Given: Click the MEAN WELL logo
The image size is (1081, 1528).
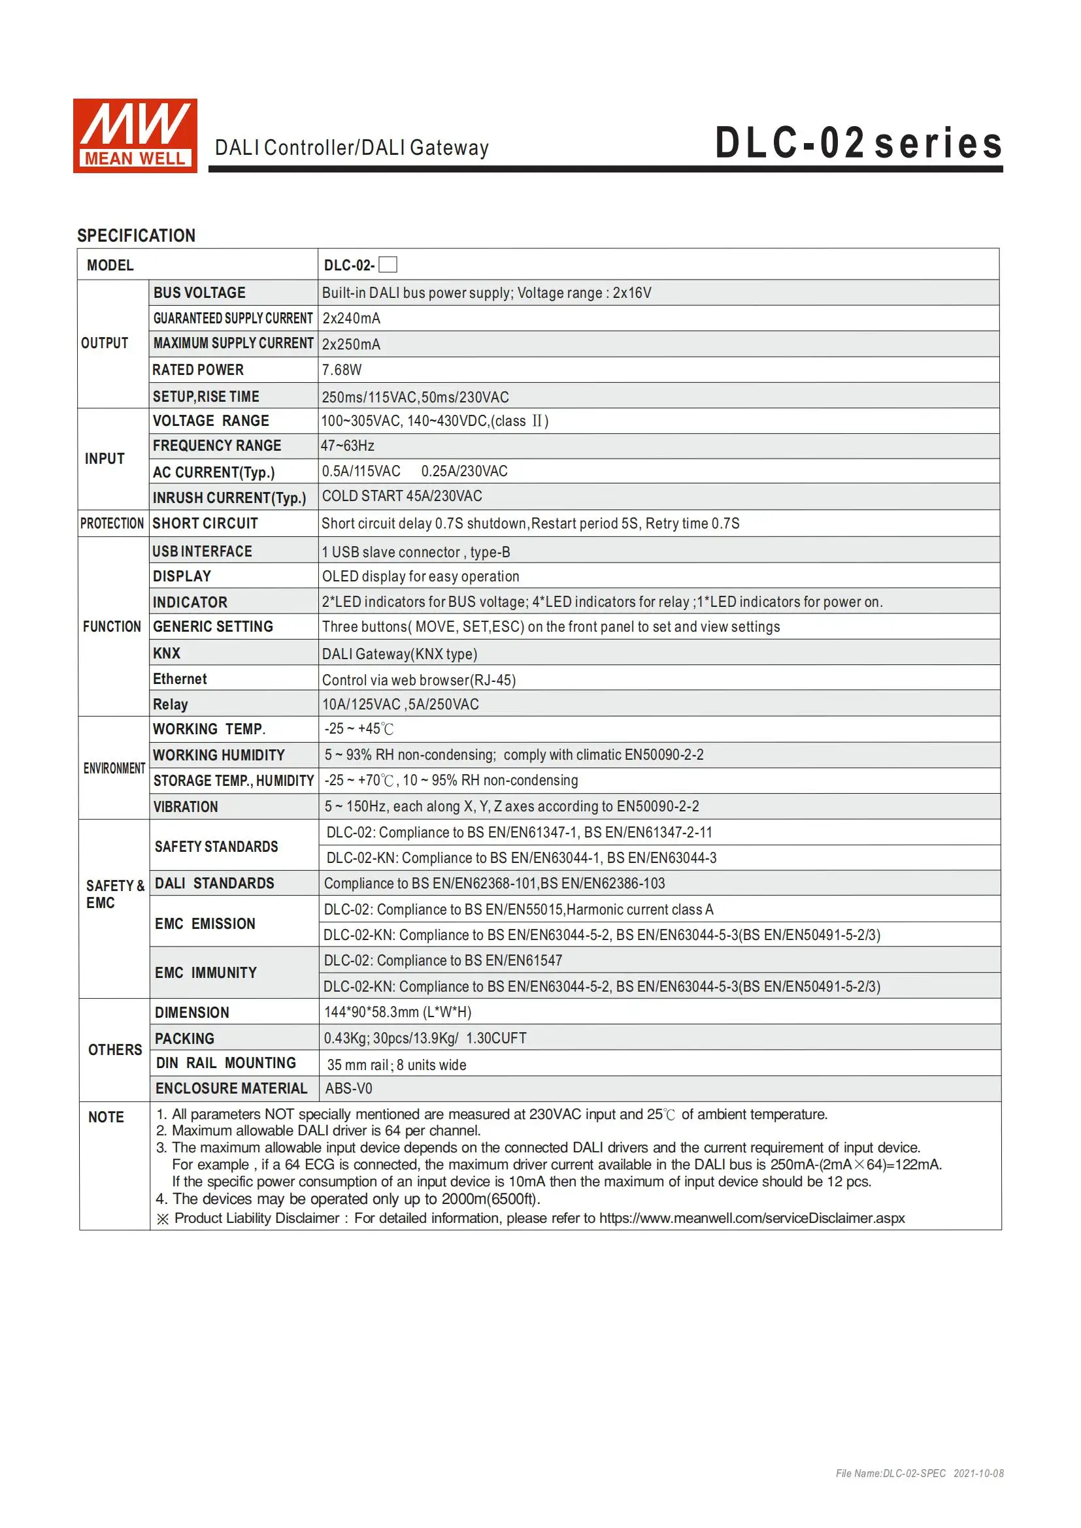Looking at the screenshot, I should pyautogui.click(x=135, y=136).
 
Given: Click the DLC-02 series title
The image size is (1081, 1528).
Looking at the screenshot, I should pyautogui.click(x=858, y=144).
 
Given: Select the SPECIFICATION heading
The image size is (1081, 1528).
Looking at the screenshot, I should pyautogui.click(x=137, y=236).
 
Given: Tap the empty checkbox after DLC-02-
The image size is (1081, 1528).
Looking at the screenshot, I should pyautogui.click(x=388, y=265).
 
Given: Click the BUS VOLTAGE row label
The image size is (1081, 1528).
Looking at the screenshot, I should pyautogui.click(x=199, y=293).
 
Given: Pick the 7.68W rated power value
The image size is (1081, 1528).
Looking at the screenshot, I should pyautogui.click(x=342, y=370).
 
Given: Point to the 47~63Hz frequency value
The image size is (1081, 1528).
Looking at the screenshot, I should pyautogui.click(x=348, y=446).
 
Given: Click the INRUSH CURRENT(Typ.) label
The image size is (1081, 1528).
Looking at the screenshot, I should pyautogui.click(x=229, y=498).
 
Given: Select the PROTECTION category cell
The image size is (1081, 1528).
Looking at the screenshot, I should pyautogui.click(x=112, y=524).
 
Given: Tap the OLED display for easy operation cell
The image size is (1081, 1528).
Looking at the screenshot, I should pyautogui.click(x=420, y=576).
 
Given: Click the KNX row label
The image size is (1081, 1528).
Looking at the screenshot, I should pyautogui.click(x=167, y=653).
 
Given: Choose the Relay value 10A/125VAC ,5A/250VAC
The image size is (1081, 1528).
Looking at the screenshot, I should pyautogui.click(x=400, y=704).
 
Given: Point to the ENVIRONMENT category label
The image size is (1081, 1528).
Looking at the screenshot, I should pyautogui.click(x=114, y=768).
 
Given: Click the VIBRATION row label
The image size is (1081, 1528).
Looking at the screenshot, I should pyautogui.click(x=186, y=807).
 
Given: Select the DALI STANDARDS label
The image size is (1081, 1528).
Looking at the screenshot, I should pyautogui.click(x=214, y=883).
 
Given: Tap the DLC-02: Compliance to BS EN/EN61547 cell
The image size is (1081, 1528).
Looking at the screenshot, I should pyautogui.click(x=442, y=960).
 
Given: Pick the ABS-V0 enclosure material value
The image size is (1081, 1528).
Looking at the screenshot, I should pyautogui.click(x=349, y=1089).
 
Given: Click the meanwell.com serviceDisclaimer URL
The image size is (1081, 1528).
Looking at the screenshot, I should pyautogui.click(x=752, y=1218).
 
